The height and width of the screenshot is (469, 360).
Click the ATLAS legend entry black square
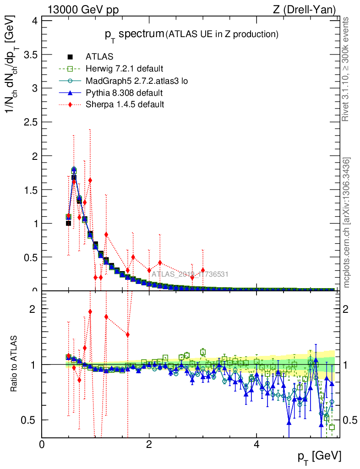click(70, 57)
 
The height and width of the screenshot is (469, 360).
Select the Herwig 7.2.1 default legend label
click(124, 69)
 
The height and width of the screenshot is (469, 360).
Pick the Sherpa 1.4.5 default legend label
click(125, 104)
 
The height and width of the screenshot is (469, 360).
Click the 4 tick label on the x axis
click(256, 445)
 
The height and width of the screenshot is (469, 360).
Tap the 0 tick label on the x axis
click(42, 445)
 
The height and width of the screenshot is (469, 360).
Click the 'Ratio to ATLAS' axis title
click(15, 364)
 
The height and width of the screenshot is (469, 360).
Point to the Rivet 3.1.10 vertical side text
click(347, 69)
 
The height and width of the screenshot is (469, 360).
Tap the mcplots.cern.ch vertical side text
click(347, 223)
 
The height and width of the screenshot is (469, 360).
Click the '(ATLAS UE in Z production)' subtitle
click(222, 34)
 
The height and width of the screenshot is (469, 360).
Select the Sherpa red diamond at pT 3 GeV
click(203, 270)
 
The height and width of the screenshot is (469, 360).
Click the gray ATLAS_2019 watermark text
click(190, 274)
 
